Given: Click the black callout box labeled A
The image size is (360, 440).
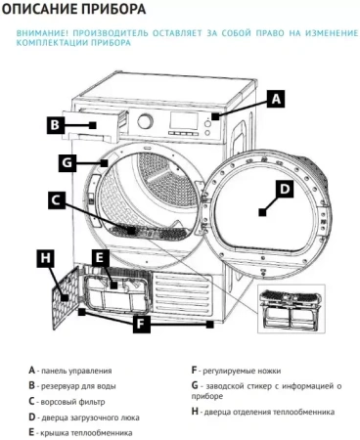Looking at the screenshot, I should click(277, 99).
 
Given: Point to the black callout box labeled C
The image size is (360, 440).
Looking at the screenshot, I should click(58, 200).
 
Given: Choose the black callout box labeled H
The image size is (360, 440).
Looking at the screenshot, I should click(45, 258).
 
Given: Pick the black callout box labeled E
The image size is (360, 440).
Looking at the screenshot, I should click(99, 258).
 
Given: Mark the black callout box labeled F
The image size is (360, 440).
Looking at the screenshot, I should click(142, 323).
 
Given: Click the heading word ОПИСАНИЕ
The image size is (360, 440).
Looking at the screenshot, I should click(41, 11).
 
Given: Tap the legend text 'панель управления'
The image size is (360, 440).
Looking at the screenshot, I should click(76, 371).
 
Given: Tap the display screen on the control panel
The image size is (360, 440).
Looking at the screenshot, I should click(183, 123).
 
